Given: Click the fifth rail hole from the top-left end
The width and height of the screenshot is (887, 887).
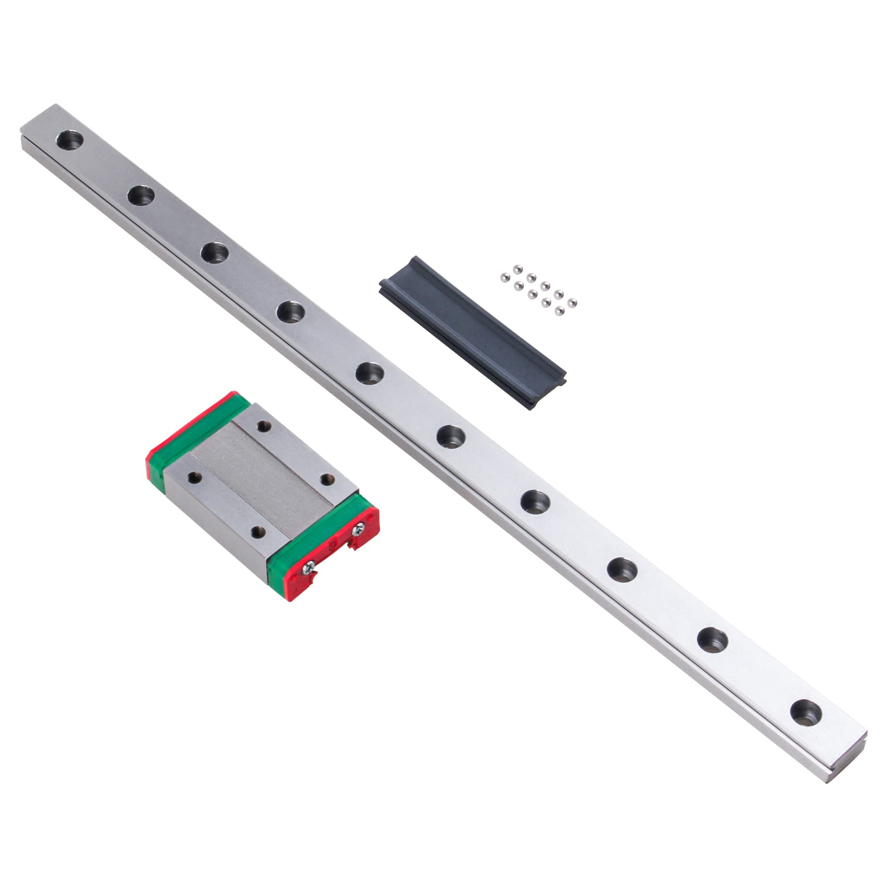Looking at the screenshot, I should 369,372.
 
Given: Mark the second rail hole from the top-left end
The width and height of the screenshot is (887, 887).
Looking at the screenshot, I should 141,195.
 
